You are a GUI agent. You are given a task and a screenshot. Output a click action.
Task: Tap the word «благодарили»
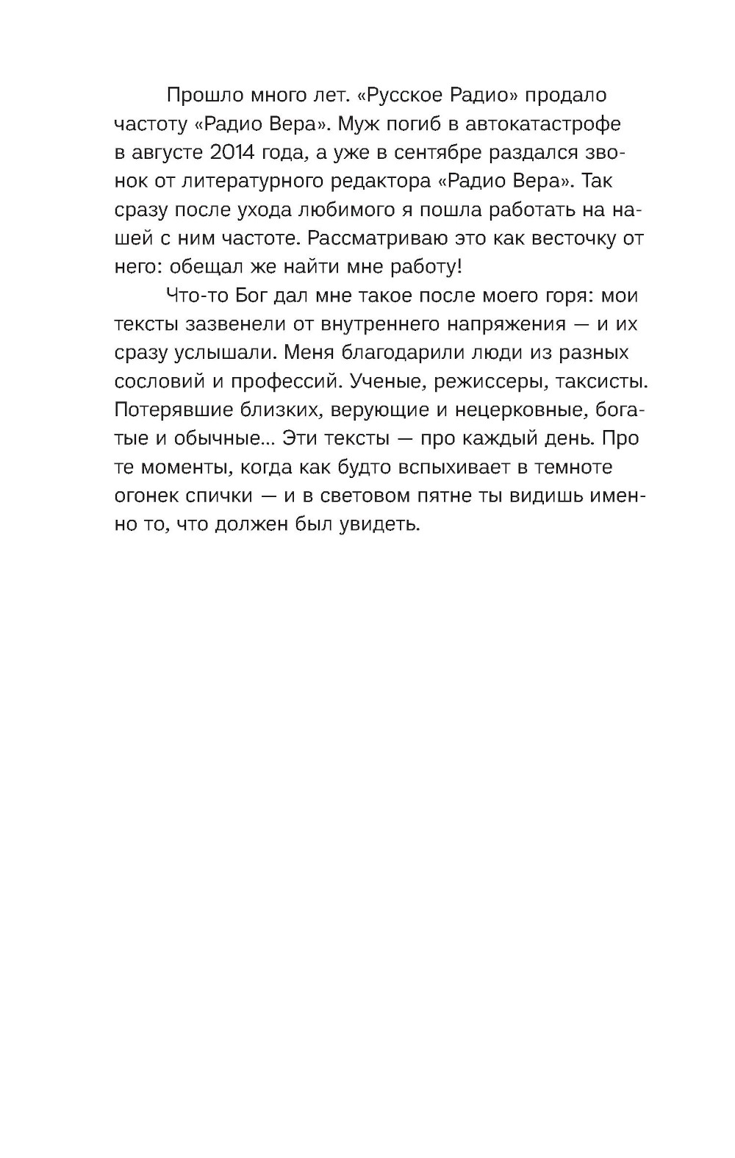click(x=392, y=354)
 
